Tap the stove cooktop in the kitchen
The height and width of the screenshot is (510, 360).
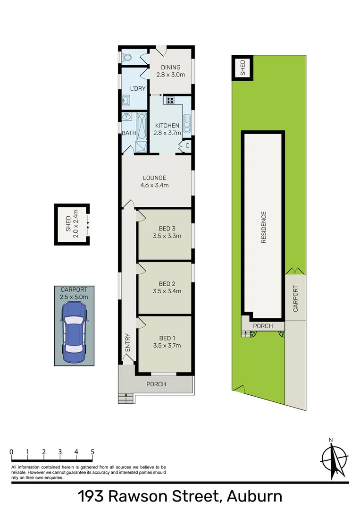click(x=169, y=100)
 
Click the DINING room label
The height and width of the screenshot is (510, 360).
click(x=170, y=68)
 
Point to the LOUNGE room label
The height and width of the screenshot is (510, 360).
click(x=155, y=178)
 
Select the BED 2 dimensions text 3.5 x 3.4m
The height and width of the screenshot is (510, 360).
click(x=167, y=291)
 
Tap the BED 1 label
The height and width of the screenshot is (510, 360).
click(x=167, y=338)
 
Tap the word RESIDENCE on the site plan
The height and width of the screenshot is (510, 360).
click(x=264, y=227)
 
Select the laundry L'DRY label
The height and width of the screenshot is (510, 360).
click(x=138, y=88)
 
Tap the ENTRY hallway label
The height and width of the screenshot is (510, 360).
click(x=127, y=342)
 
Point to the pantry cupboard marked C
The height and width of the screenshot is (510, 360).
click(x=187, y=145)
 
